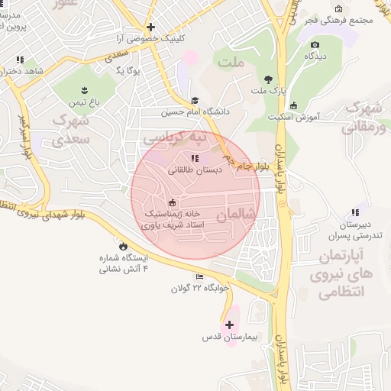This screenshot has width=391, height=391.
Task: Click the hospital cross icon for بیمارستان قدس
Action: click(x=229, y=325)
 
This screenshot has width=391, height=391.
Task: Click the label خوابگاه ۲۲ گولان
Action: click(x=200, y=289)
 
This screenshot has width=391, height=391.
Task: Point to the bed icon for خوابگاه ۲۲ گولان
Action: click(x=200, y=276)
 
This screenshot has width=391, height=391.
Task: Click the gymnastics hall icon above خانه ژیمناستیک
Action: click(x=172, y=202)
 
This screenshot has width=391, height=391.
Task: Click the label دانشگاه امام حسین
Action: click(x=195, y=112)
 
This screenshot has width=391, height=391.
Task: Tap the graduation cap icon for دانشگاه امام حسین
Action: click(x=195, y=100)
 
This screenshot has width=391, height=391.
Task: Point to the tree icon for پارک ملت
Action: click(x=267, y=79)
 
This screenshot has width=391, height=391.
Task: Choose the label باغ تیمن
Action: click(x=84, y=102)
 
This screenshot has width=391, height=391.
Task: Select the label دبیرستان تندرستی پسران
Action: click(x=354, y=230)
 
